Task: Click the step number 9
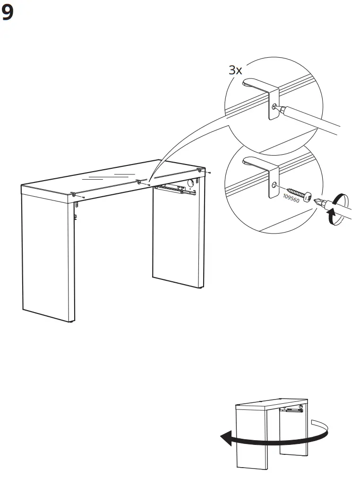pyautogui.click(x=8, y=13)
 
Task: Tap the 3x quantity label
pyautogui.click(x=235, y=70)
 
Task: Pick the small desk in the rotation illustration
pyautogui.click(x=269, y=433)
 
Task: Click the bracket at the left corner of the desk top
pyautogui.click(x=75, y=194)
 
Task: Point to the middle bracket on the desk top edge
pyautogui.click(x=139, y=182)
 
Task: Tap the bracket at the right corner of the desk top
pyautogui.click(x=200, y=170)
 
